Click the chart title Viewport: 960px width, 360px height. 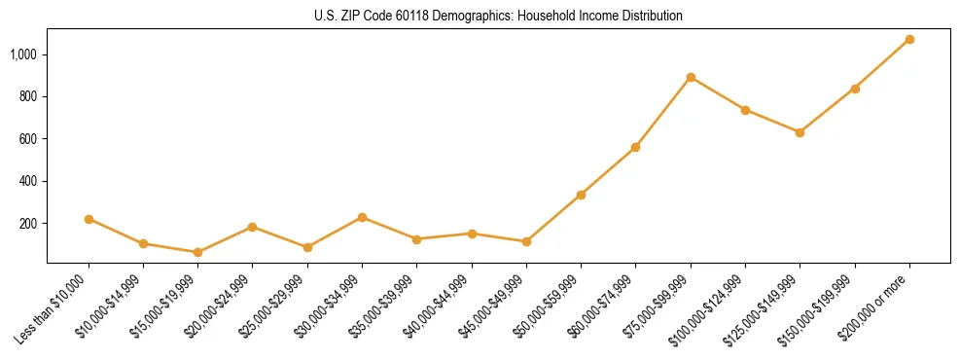coord(498,17)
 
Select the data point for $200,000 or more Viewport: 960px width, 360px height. coord(909,39)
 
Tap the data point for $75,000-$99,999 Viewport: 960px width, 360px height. coord(691,77)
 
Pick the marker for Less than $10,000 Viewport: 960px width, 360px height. coord(89,219)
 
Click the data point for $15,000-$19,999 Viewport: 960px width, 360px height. coord(197,252)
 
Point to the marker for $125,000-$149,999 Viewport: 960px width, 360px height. coord(800,132)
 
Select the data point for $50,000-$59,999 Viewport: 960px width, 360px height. coord(581,195)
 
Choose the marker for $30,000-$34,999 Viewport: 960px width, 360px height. coord(362,217)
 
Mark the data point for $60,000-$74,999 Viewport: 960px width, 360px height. coord(635,147)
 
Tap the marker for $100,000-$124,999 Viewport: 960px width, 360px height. coord(745,110)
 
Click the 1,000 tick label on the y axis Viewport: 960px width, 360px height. coord(23,54)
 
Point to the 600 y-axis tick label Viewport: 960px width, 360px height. coord(28,139)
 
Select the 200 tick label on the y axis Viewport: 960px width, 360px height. coord(28,224)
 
